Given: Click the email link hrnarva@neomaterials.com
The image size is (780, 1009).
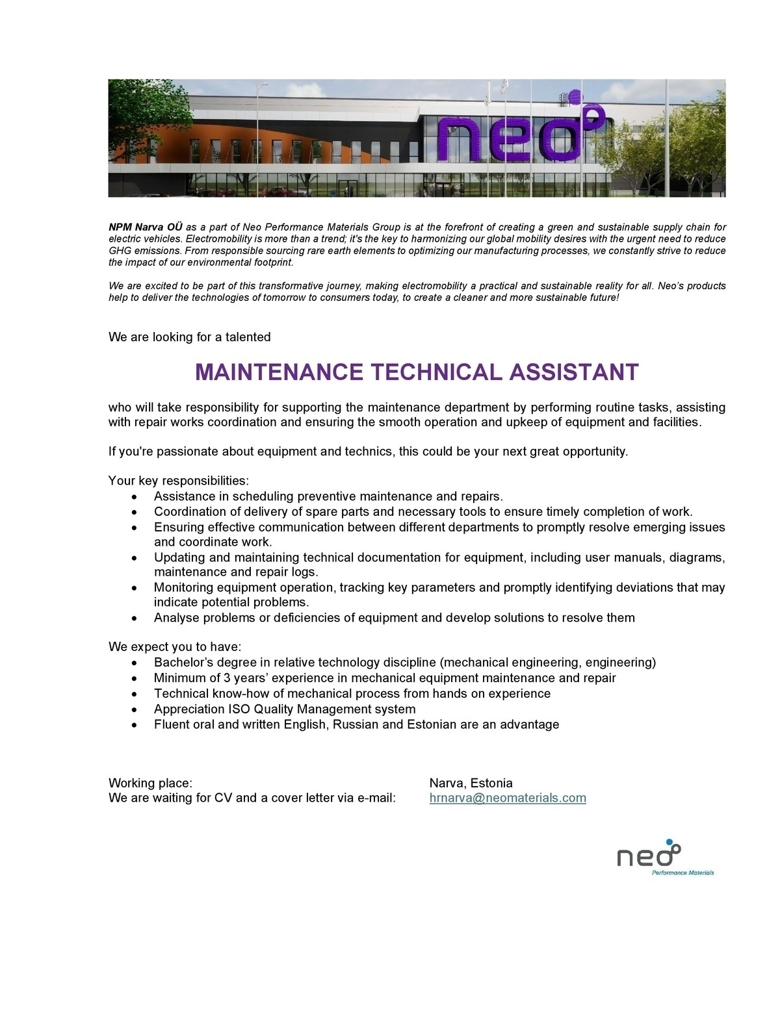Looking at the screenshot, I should point(508,798).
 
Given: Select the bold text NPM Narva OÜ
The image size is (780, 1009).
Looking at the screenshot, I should point(145,227).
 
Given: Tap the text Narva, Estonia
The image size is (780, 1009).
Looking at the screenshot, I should point(471,783).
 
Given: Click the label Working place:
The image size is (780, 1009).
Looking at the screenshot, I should point(150,783).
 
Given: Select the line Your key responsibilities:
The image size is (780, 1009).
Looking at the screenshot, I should point(179,481).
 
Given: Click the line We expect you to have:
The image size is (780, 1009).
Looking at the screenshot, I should point(175,647).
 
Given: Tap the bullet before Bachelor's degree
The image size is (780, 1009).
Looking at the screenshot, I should point(134,663).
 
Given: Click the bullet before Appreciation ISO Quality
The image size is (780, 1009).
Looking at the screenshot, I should point(134,710).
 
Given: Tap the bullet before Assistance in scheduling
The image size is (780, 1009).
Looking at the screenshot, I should point(134,497).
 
